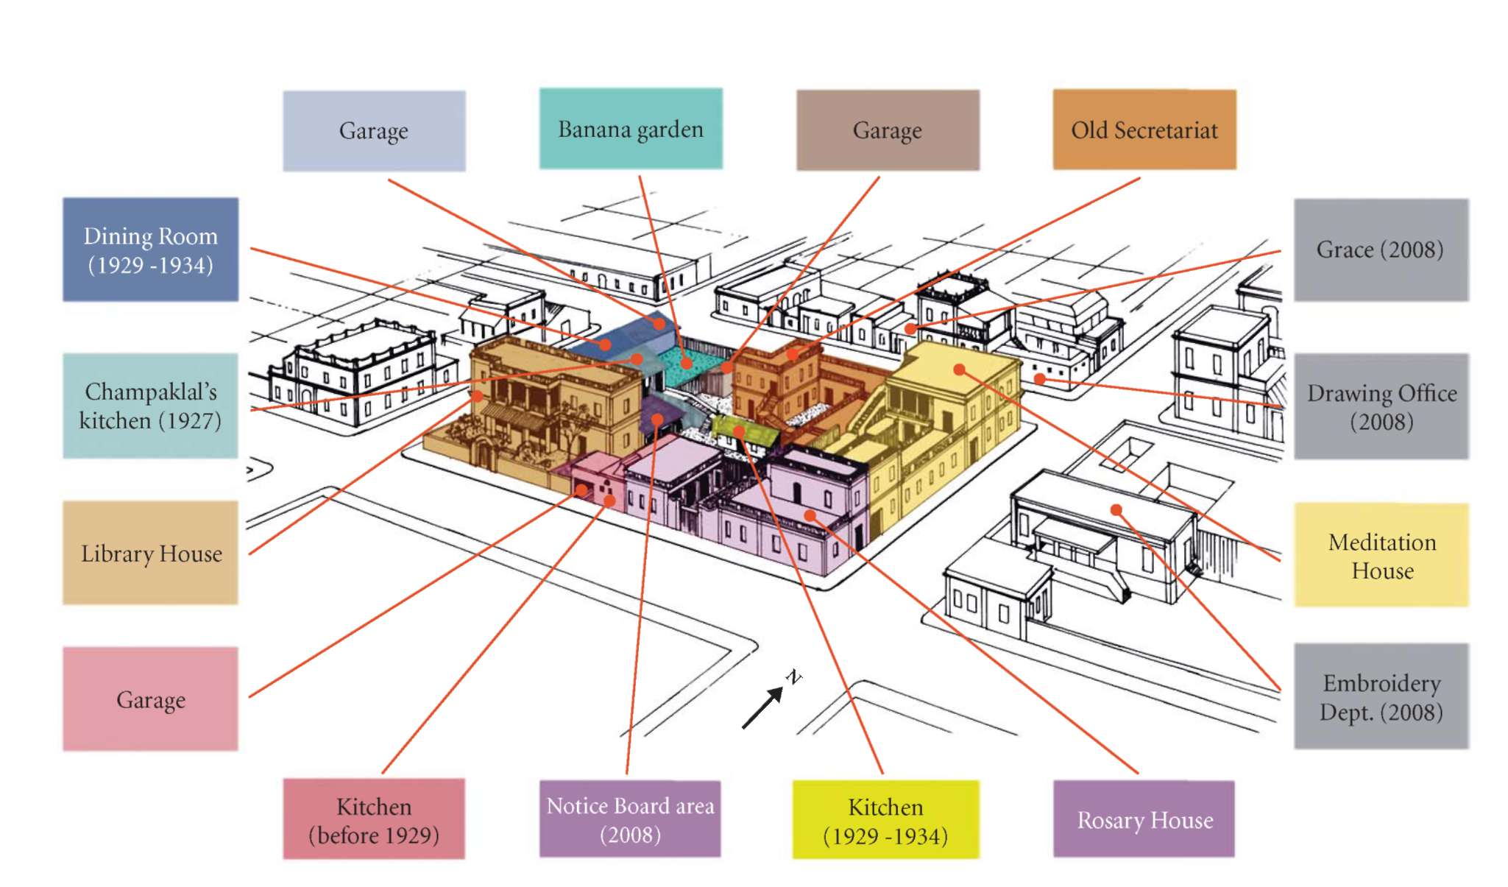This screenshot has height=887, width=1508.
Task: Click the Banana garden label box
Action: click(631, 129)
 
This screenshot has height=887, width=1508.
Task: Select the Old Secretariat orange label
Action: click(1144, 130)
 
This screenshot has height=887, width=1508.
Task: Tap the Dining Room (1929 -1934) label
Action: click(151, 250)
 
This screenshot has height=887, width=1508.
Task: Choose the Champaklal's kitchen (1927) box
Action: click(151, 406)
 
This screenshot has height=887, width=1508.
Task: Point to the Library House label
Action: click(151, 553)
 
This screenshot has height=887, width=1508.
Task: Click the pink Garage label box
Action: click(151, 699)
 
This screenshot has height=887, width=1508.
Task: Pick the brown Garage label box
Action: click(888, 130)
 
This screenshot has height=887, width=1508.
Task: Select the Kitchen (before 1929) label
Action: click(374, 819)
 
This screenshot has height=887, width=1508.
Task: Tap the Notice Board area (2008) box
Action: click(630, 819)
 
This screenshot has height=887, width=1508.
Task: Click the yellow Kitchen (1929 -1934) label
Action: click(885, 820)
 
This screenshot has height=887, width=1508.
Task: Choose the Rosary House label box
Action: click(1144, 819)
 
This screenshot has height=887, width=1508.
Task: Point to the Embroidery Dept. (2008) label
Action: click(1381, 696)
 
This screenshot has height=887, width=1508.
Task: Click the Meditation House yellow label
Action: click(1381, 555)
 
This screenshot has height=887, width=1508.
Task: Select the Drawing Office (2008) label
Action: click(1381, 406)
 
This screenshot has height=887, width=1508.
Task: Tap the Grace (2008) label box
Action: click(1381, 250)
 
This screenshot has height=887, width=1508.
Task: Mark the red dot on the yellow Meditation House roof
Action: click(959, 369)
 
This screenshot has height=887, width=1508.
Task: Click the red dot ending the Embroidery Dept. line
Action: click(1116, 509)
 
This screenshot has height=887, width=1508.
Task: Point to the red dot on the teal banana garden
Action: click(687, 363)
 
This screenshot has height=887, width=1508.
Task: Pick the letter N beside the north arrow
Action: click(793, 676)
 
